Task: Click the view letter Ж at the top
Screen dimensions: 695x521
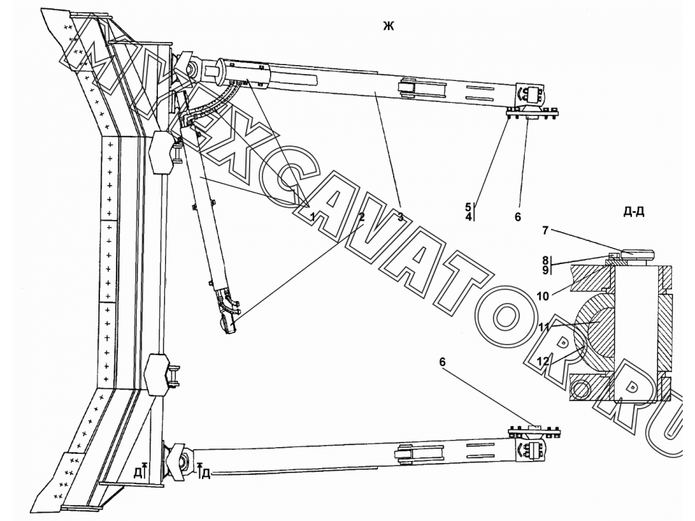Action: [388, 27]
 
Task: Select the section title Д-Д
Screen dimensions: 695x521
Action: [633, 212]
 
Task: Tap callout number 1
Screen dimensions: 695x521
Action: [313, 216]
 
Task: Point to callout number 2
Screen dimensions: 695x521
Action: [362, 216]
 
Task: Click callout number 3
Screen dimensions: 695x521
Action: [400, 216]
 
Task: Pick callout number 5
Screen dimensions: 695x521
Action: [468, 207]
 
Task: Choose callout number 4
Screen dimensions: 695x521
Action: [468, 216]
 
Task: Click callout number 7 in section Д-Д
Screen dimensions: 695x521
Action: [546, 230]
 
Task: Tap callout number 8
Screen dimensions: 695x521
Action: [546, 260]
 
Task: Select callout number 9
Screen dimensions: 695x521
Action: [546, 270]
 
